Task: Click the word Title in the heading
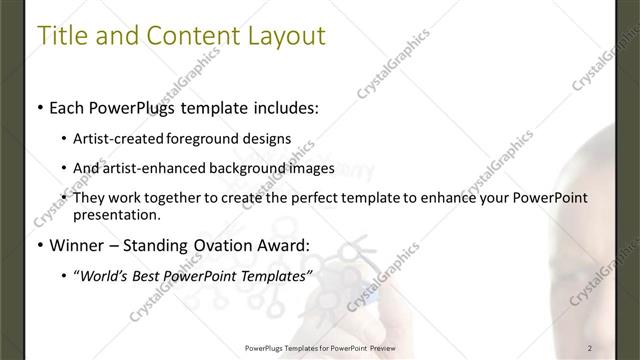point(62,37)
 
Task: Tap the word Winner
point(77,245)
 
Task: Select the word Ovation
point(217,245)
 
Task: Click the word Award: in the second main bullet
point(283,245)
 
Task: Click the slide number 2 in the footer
point(591,348)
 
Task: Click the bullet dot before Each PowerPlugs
point(39,106)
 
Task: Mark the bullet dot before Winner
point(39,246)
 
